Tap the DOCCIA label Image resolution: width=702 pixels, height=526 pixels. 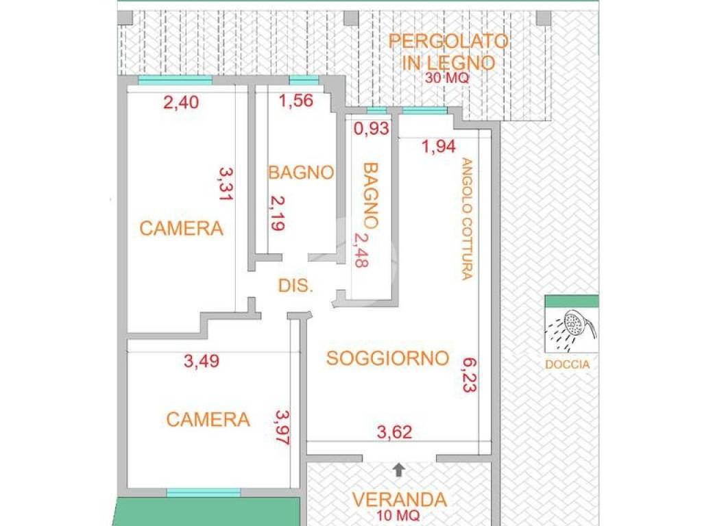click(567, 364)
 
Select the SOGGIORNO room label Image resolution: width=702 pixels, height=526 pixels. click(387, 358)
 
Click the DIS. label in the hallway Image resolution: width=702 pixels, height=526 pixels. click(296, 286)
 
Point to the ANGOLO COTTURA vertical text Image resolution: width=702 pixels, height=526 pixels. click(467, 219)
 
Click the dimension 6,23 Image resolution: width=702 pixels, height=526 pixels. click(470, 373)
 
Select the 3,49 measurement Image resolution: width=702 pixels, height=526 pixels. click(202, 362)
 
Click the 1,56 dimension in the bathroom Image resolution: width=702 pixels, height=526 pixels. click(296, 101)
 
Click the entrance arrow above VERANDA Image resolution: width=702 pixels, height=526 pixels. click(399, 470)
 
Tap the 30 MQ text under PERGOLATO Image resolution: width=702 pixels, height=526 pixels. click(447, 78)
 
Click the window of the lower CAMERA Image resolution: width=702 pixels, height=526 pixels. click(204, 492)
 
